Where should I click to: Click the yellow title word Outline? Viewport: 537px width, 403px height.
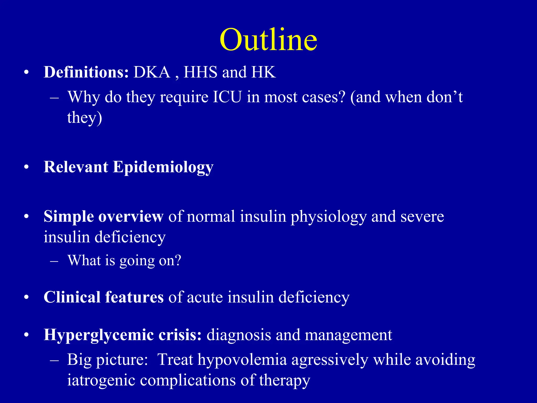coord(268,40)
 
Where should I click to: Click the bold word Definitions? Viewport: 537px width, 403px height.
coord(86,72)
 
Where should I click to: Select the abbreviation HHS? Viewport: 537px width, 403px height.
coord(200,72)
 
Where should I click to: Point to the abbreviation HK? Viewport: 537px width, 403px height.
coord(263,72)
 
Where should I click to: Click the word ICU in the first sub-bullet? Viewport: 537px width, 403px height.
coord(227,97)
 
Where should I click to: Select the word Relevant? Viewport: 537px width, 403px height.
coord(76,167)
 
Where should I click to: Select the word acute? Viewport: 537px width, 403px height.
coord(205,298)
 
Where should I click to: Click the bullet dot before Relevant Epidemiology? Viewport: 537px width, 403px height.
coord(26,167)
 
